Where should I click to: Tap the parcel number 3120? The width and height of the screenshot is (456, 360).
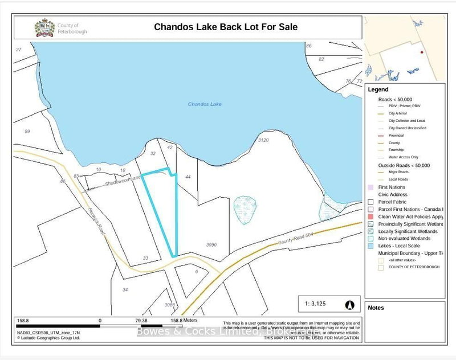tap(263, 140)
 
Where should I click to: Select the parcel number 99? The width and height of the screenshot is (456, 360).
tap(27, 132)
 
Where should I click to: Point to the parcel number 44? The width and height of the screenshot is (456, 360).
tap(188, 177)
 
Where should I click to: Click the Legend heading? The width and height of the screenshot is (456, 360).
tap(378, 90)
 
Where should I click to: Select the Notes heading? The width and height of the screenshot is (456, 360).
tap(376, 308)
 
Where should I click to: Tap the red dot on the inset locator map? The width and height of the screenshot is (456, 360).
tap(421, 52)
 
